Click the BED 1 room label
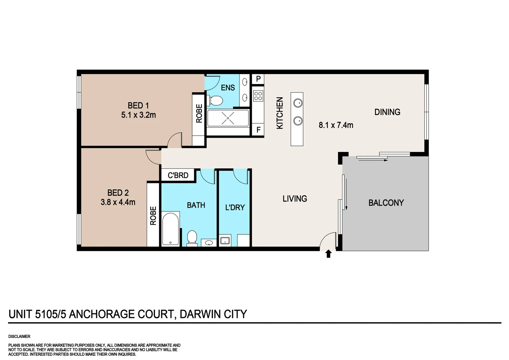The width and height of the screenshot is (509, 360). [138, 106]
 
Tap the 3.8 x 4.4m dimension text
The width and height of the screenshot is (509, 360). [118, 202]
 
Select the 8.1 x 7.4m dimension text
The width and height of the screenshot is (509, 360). [336, 125]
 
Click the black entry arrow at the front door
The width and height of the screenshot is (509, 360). [328, 254]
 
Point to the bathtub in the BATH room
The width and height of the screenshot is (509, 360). [170, 229]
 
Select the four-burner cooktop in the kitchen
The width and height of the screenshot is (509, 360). [258, 96]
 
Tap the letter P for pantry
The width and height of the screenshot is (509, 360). [258, 79]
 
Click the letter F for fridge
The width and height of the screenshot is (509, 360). [258, 130]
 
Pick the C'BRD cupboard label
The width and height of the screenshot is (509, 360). [178, 175]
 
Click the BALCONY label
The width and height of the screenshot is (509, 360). [386, 203]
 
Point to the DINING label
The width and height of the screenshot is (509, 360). [387, 112]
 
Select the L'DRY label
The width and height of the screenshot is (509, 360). [235, 207]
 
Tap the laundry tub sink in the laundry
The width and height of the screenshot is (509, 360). [225, 240]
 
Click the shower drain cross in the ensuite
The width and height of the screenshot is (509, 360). [228, 118]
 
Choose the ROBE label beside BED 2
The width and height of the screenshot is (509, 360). [153, 216]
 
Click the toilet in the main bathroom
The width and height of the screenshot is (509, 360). [192, 238]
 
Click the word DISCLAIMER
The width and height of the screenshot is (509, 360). [19, 337]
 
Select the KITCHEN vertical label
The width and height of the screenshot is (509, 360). [280, 113]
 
